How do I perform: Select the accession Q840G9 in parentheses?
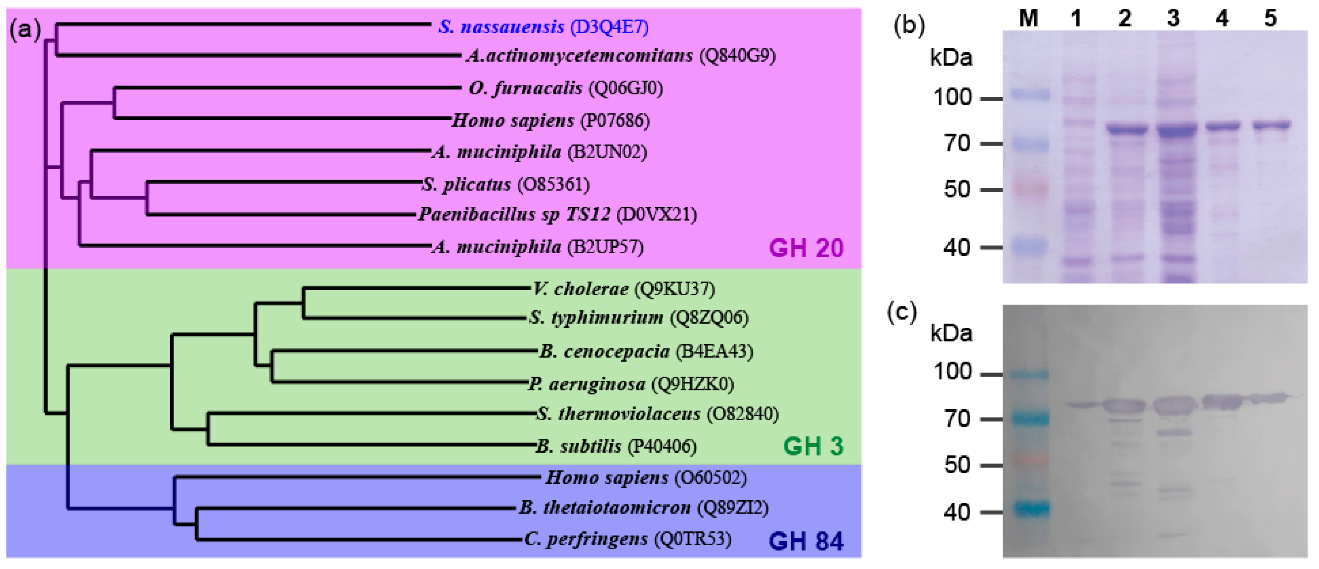click(737, 55)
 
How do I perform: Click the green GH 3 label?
click(813, 446)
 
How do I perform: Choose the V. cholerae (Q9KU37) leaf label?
click(623, 289)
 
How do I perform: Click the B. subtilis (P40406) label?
click(616, 446)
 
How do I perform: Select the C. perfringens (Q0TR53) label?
click(628, 539)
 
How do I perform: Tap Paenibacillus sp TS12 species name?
click(514, 214)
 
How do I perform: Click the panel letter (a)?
click(25, 30)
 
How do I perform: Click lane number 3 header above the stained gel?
click(1173, 18)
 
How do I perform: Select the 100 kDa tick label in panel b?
click(952, 97)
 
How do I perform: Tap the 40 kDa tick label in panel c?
click(957, 512)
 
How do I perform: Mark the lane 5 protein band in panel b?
click(1272, 124)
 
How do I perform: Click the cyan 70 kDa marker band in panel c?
click(1029, 419)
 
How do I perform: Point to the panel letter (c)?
click(902, 312)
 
